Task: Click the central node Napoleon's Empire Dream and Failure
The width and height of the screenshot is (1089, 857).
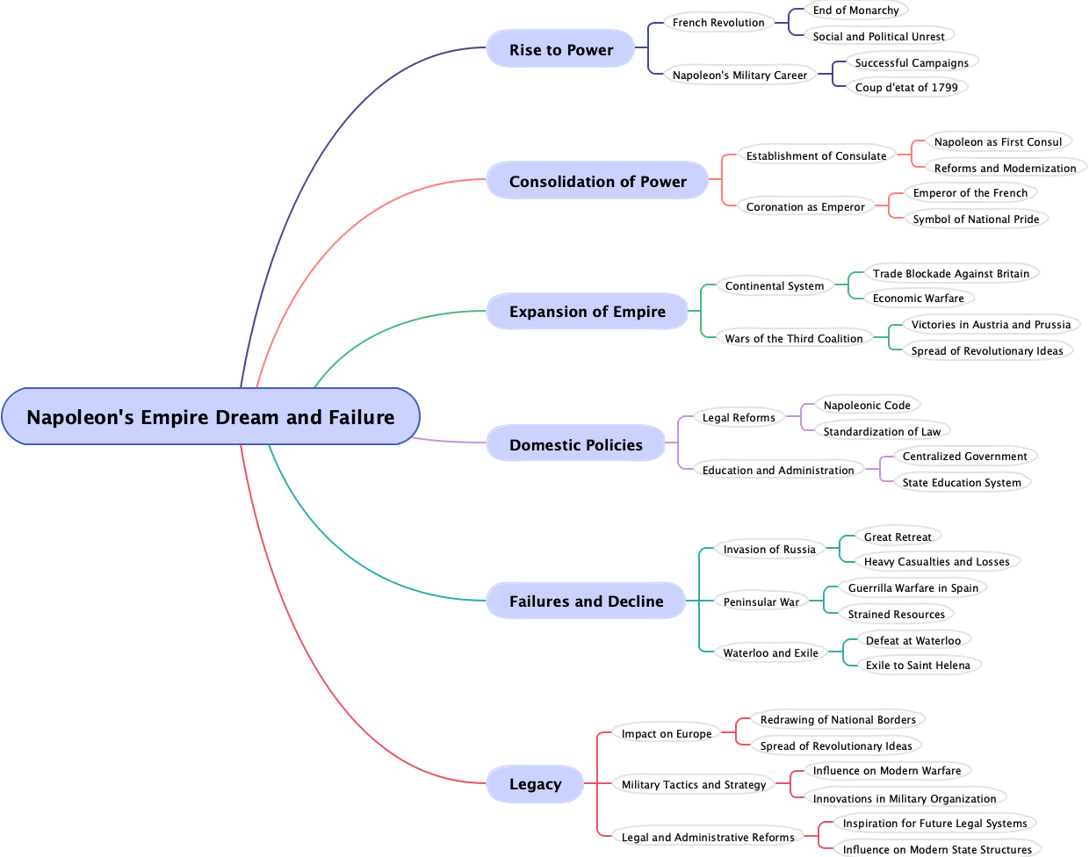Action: (211, 417)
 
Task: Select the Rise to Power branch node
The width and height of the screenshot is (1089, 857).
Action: (561, 50)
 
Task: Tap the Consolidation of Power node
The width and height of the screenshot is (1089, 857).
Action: (597, 182)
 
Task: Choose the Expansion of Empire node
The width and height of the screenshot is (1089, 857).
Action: (587, 312)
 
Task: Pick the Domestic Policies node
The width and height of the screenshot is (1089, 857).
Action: (575, 445)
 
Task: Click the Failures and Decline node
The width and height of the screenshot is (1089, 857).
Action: (586, 601)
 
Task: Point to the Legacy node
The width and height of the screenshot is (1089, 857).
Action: (535, 784)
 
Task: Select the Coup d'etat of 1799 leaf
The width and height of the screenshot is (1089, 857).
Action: (906, 88)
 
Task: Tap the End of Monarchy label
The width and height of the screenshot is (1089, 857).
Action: (855, 11)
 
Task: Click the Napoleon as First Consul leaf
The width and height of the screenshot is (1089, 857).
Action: (998, 142)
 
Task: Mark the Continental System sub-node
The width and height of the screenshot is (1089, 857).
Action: (775, 286)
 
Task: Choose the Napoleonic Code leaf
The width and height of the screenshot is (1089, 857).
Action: (867, 406)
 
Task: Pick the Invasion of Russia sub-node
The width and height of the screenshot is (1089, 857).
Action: (769, 550)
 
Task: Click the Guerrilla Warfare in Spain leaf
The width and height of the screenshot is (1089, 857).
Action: (912, 588)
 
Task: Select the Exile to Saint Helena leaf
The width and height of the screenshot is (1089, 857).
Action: (918, 666)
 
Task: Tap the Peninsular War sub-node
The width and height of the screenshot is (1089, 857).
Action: (761, 602)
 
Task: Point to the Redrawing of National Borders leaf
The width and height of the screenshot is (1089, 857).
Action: (838, 720)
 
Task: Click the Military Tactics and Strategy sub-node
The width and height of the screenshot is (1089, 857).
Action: (694, 785)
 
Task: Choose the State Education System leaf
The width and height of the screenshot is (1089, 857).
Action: (962, 483)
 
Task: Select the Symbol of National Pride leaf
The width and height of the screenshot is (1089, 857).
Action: (976, 220)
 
